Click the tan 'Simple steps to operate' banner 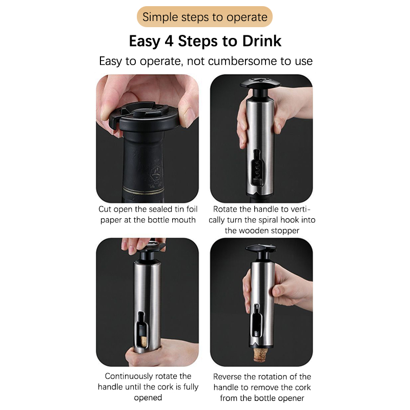click(x=204, y=17)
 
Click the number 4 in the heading click(x=169, y=41)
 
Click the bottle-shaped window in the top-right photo click(x=257, y=168)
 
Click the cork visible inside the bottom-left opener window click(x=143, y=341)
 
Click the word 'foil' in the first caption click(x=192, y=209)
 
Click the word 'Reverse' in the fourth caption click(x=227, y=377)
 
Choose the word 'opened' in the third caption click(x=148, y=398)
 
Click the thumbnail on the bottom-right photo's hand click(x=276, y=290)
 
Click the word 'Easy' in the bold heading click(x=145, y=42)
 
